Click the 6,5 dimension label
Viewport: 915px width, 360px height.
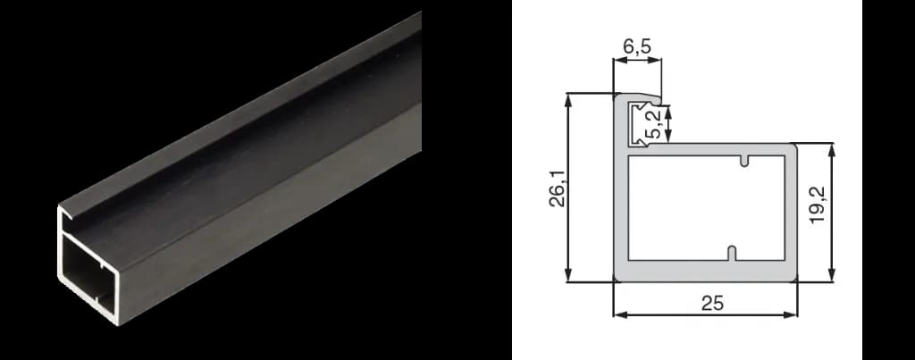(x=636, y=46)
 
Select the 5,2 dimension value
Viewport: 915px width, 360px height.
(x=655, y=125)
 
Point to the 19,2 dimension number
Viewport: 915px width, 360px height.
(x=818, y=205)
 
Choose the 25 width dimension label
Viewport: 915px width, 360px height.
(x=712, y=304)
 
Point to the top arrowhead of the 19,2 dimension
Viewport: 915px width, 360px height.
(x=832, y=150)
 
